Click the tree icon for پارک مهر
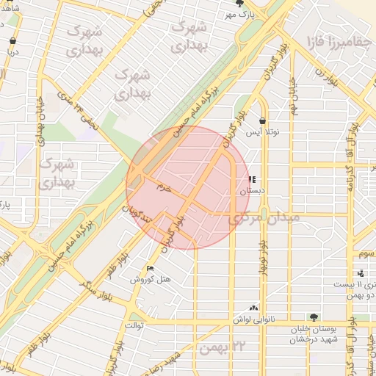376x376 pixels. coord(238,4)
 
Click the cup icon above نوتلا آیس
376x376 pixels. coord(262,120)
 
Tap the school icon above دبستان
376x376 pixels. coord(252,179)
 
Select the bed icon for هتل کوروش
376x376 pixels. coord(151,268)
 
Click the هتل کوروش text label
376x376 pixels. coord(151,279)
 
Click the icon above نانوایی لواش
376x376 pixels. coord(254,308)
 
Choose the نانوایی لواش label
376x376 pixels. coord(254,319)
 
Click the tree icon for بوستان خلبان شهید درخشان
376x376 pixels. coord(314,317)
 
